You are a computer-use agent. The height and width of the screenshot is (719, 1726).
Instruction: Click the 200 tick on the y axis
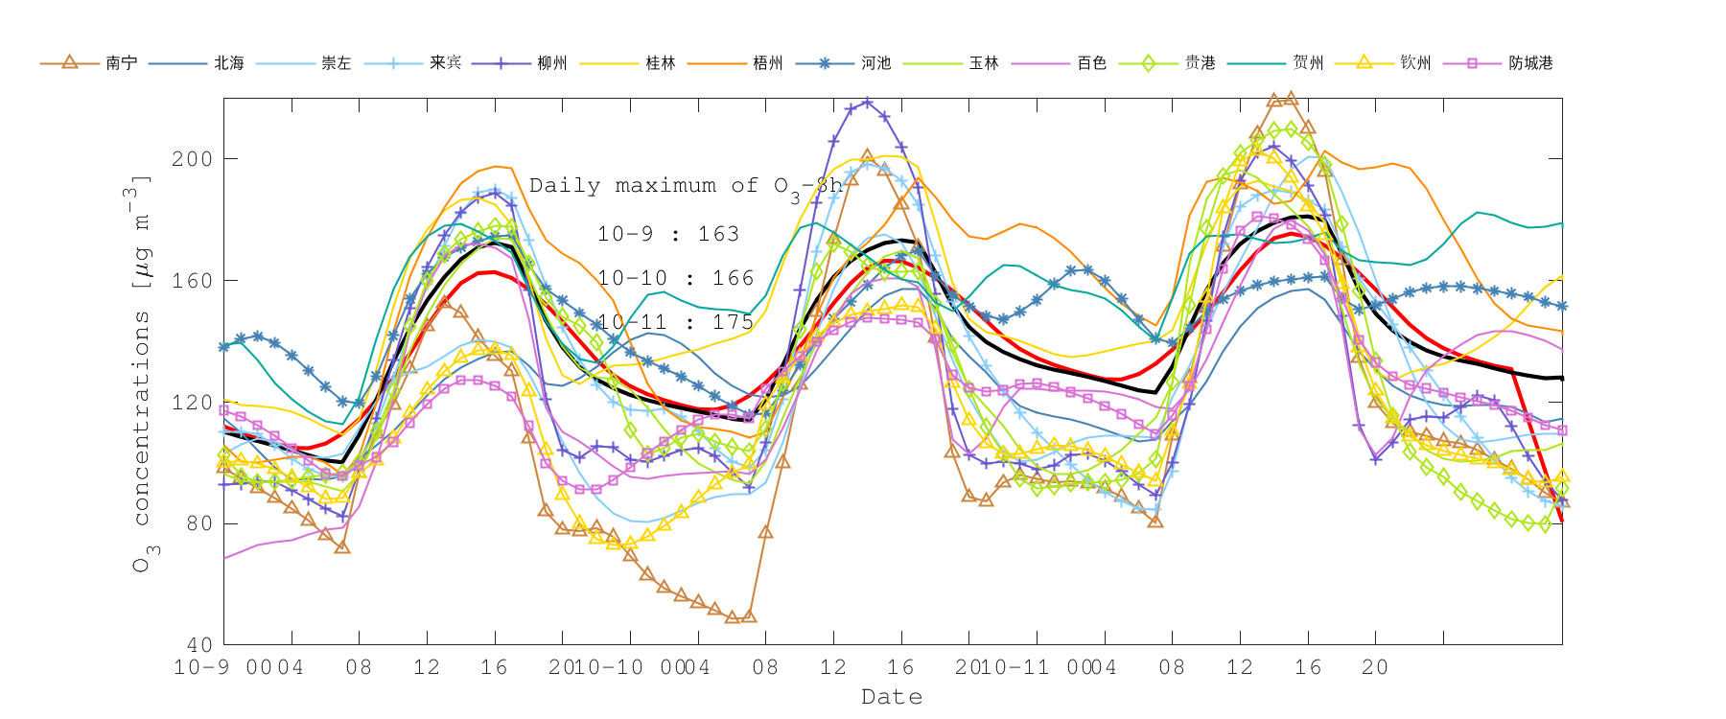coord(192,159)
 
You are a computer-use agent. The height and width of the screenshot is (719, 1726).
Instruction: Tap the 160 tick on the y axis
coord(192,281)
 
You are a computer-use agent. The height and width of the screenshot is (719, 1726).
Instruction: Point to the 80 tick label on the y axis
coord(199,523)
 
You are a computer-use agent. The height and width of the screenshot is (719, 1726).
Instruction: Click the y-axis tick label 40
coord(199,645)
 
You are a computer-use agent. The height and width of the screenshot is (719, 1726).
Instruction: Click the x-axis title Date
coord(892,697)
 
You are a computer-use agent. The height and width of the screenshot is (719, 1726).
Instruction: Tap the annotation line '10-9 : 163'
coord(667,234)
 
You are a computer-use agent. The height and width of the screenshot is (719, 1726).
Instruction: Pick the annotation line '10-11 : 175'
coord(675,322)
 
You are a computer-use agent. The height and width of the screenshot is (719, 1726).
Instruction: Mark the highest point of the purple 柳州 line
coord(867,102)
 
